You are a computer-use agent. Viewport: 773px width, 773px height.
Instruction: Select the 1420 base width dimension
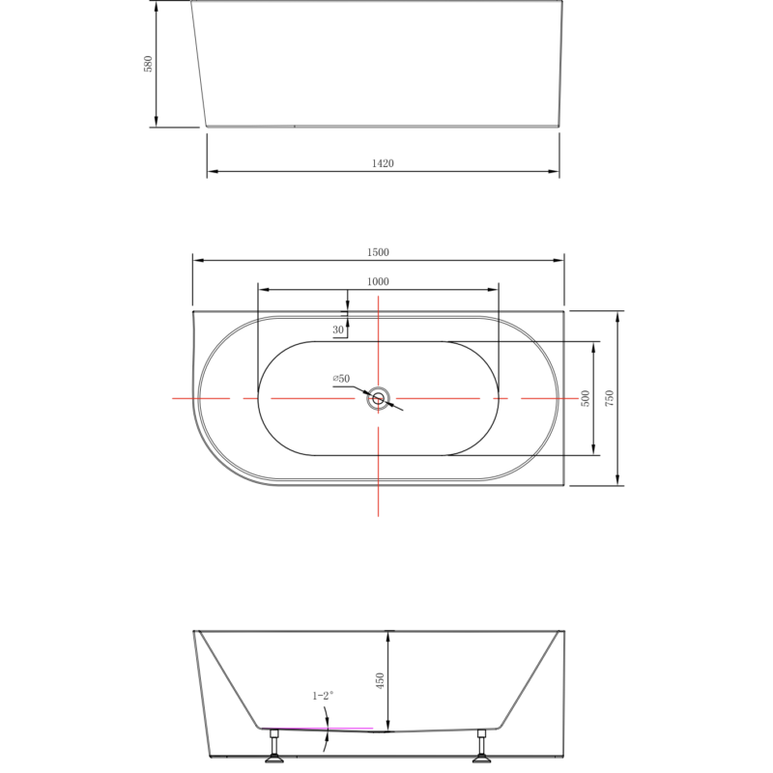(383, 163)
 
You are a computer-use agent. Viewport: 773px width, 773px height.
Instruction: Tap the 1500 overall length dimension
(377, 251)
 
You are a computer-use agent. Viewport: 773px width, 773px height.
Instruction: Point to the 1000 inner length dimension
(377, 281)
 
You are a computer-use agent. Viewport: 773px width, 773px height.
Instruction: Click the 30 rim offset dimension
(338, 330)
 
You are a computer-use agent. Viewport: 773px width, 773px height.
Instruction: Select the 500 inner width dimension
(585, 398)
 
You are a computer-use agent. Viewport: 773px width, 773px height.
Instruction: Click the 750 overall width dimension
(609, 398)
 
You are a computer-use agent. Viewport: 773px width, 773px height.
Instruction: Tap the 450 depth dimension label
(380, 680)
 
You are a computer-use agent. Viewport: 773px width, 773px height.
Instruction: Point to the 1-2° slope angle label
(322, 695)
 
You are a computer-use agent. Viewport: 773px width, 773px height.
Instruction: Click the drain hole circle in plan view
(378, 398)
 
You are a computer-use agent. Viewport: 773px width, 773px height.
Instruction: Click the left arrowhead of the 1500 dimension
(197, 260)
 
